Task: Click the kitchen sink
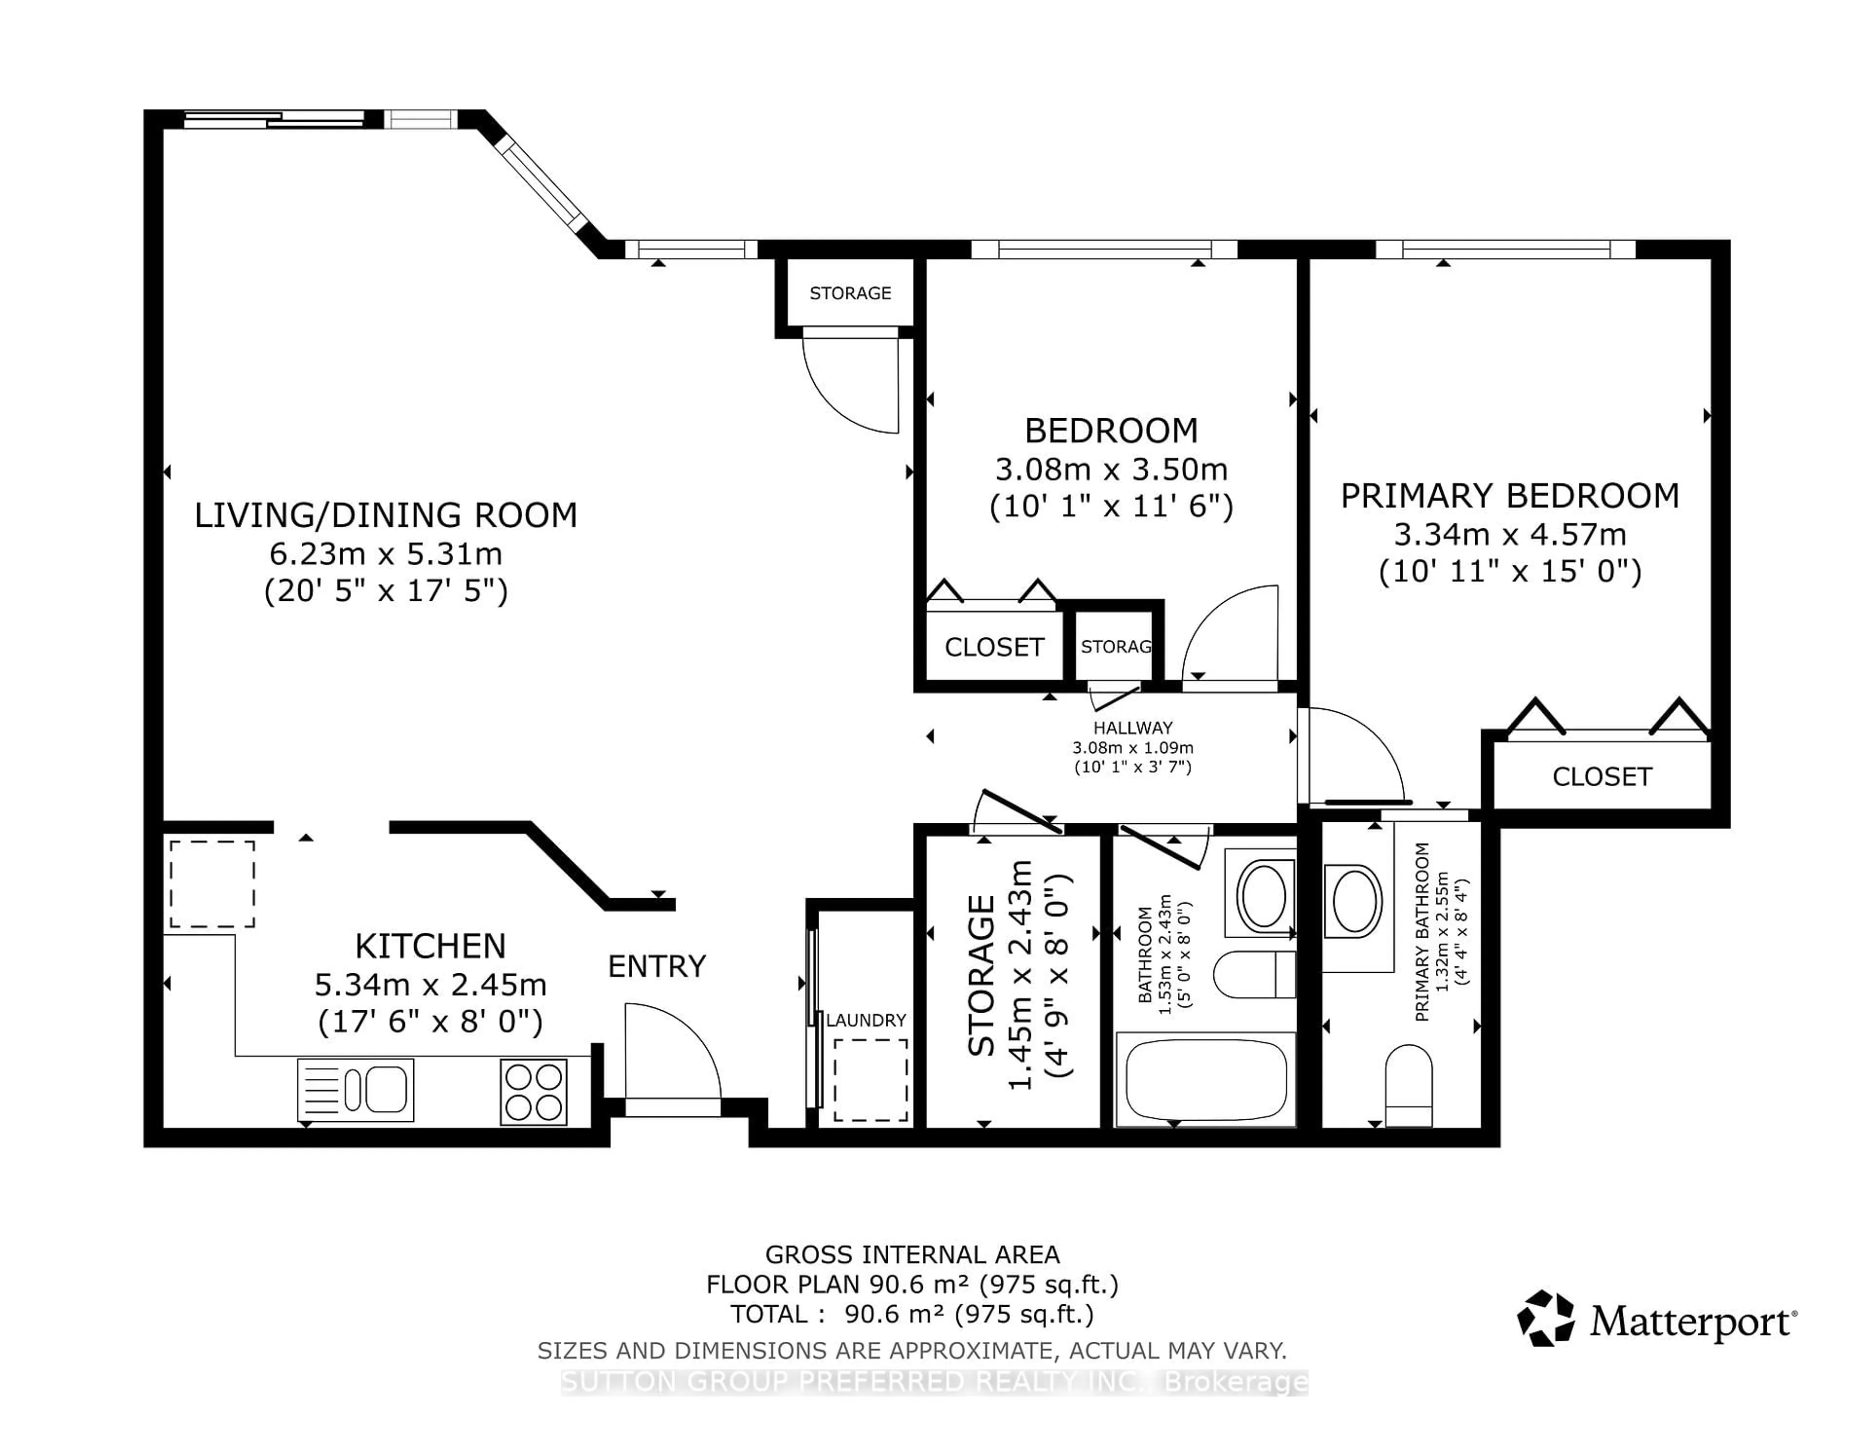pos(355,1090)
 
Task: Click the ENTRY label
pos(657,966)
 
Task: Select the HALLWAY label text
pos(1132,728)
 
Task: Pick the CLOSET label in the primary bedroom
pos(1602,777)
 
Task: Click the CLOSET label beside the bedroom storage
pos(994,647)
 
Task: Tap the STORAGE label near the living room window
pos(850,293)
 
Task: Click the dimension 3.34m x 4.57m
pos(1510,534)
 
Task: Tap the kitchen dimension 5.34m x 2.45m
pos(430,984)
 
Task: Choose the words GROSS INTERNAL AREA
pos(912,1255)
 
